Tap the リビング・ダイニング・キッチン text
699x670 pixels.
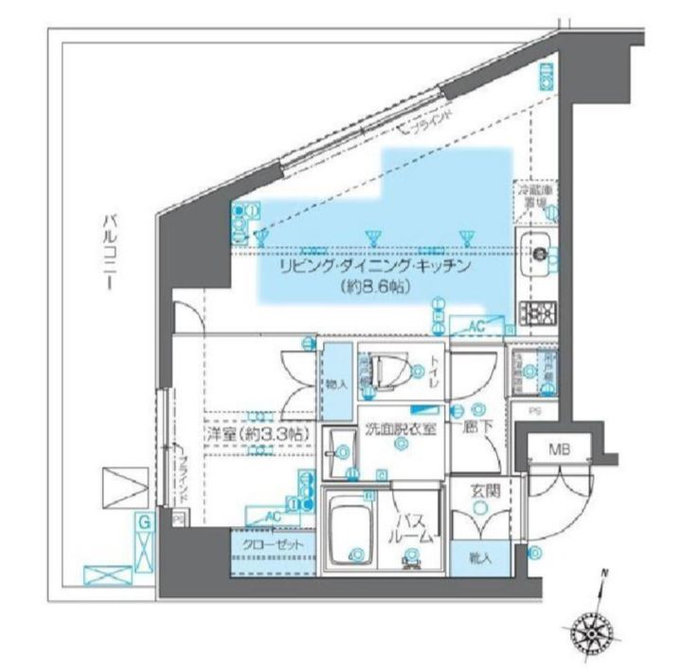pos(374,268)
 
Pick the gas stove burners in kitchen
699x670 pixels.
pos(538,312)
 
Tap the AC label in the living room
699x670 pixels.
pos(475,326)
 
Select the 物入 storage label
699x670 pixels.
pos(336,383)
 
